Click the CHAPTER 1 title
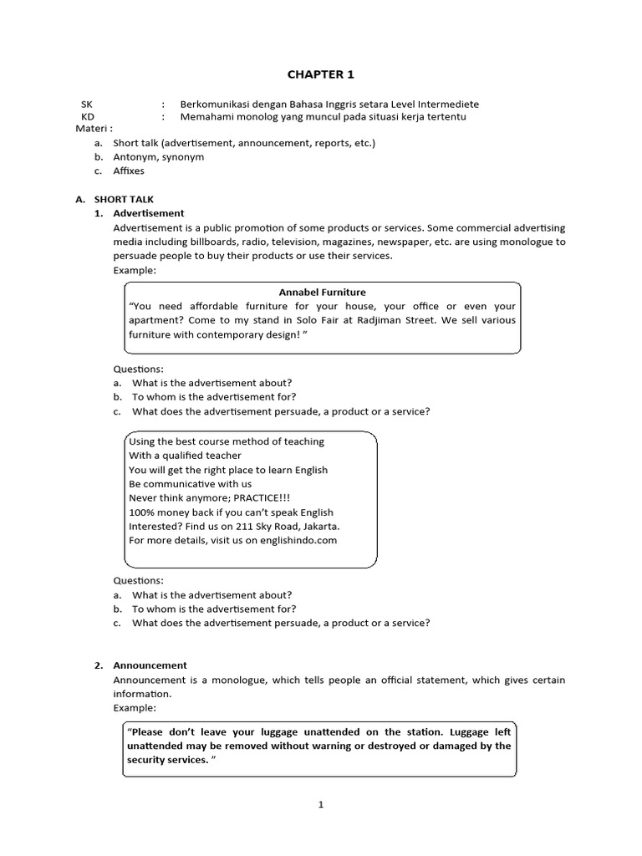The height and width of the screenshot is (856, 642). pyautogui.click(x=321, y=74)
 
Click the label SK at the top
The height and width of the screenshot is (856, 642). pyautogui.click(x=87, y=104)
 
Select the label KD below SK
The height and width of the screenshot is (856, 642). pyautogui.click(x=88, y=116)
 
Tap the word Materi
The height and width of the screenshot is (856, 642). pyautogui.click(x=91, y=129)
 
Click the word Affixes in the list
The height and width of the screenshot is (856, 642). pyautogui.click(x=130, y=171)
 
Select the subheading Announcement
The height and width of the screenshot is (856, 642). pyautogui.click(x=150, y=665)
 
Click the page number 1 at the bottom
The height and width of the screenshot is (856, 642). pyautogui.click(x=320, y=805)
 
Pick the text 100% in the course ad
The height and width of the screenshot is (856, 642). pyautogui.click(x=141, y=512)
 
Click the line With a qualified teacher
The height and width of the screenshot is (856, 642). pyautogui.click(x=185, y=455)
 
